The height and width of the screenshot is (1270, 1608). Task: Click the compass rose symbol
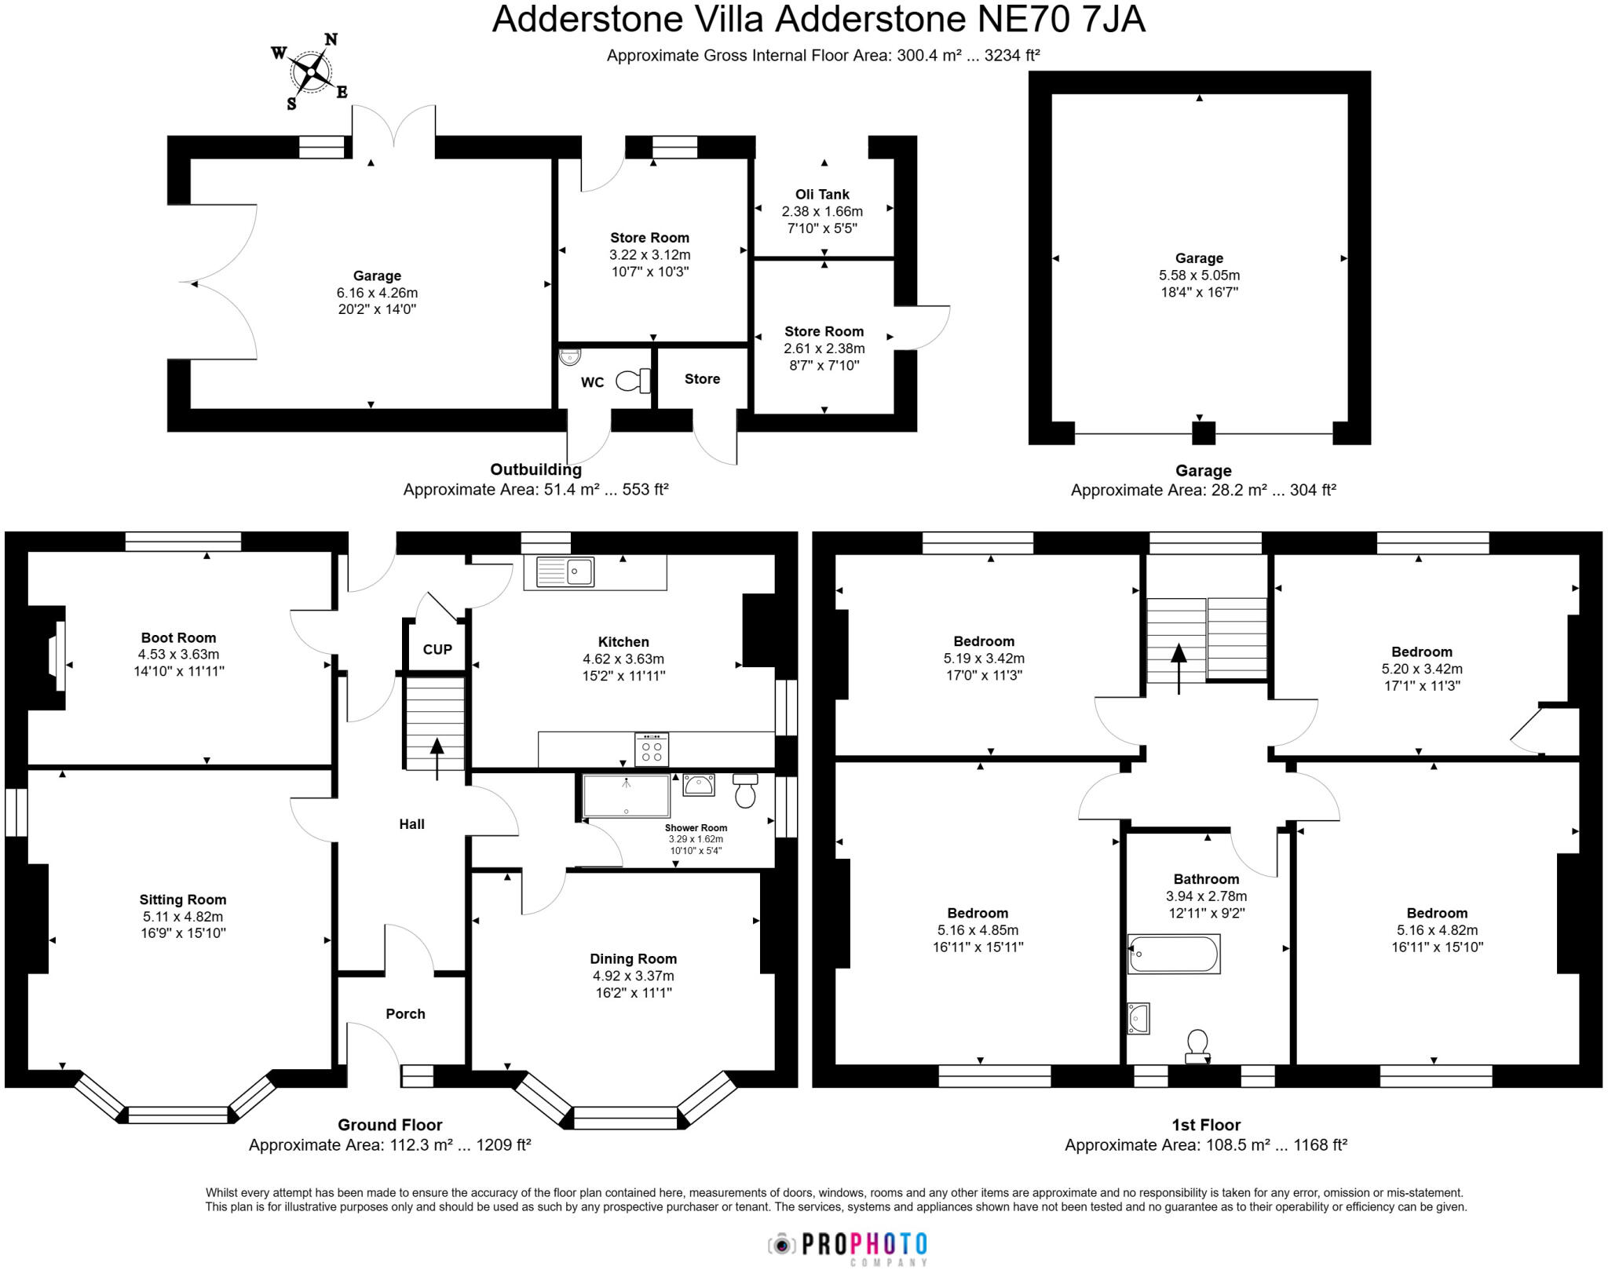pos(311,72)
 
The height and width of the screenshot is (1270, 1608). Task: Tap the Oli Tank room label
pos(822,194)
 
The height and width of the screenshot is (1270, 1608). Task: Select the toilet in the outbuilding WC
pos(634,381)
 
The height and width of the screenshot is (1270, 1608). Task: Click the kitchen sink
pos(565,571)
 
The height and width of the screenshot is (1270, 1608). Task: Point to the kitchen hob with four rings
pos(652,750)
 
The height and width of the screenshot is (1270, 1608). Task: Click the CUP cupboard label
pos(437,649)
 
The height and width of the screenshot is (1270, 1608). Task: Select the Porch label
pos(405,1013)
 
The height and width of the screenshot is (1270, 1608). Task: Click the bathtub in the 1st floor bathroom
pos(1174,954)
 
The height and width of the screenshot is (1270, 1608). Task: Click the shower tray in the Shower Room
pos(626,795)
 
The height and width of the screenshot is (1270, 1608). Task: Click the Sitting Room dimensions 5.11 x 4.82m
pos(183,916)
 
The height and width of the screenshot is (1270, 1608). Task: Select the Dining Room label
pos(633,958)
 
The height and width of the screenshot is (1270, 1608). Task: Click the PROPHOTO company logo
pos(848,1245)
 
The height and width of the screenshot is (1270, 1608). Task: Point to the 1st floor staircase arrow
pos(1179,668)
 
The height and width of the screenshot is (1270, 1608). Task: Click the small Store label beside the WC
pos(702,378)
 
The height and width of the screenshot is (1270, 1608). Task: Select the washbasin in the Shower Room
pos(698,784)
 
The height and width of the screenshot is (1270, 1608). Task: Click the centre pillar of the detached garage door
pos(1203,432)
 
